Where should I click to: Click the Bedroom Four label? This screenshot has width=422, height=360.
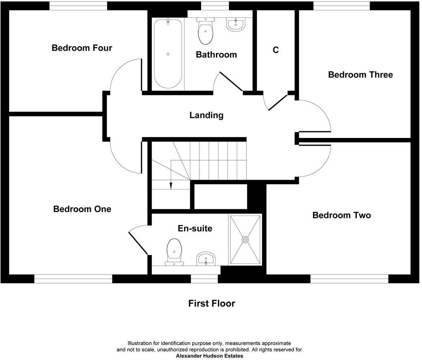[82, 48]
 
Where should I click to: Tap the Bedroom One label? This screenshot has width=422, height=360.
[82, 209]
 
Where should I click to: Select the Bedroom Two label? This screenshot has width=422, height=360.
[341, 215]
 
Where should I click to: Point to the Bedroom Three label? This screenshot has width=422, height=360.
[360, 75]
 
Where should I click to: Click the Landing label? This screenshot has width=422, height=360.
[206, 115]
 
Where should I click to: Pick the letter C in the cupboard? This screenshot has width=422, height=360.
[276, 50]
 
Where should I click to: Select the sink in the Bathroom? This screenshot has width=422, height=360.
[236, 24]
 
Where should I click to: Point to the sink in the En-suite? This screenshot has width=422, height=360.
[205, 259]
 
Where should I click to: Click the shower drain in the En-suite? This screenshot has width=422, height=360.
[246, 239]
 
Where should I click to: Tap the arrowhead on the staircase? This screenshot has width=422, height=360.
[171, 187]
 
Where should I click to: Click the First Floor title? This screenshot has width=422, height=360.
[211, 303]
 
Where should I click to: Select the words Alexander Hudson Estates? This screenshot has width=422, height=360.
[209, 355]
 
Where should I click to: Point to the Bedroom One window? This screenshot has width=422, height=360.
[73, 279]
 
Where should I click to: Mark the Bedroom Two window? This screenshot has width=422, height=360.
[349, 279]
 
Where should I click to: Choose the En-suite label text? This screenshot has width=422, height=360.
[195, 228]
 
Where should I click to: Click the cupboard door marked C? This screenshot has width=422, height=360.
[277, 102]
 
